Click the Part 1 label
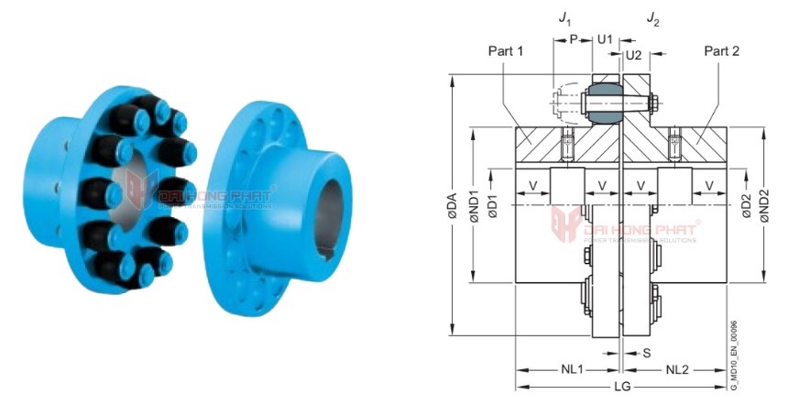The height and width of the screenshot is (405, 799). [506, 51]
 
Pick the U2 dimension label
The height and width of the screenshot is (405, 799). [632, 56]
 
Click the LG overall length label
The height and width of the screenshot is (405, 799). [622, 389]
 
